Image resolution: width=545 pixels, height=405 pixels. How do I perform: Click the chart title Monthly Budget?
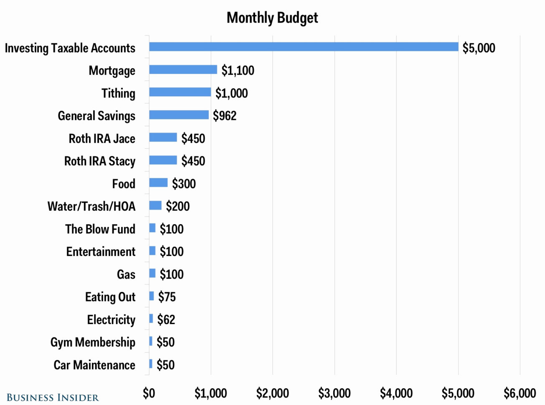click(272, 18)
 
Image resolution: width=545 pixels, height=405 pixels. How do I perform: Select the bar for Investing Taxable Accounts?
click(304, 47)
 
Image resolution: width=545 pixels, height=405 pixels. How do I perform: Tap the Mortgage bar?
click(183, 70)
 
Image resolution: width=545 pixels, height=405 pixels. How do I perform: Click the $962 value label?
click(225, 116)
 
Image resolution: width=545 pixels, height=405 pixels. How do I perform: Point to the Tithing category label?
click(118, 93)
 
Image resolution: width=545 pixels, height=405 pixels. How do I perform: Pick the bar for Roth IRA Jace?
click(163, 137)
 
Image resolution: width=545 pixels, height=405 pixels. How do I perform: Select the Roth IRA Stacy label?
click(100, 161)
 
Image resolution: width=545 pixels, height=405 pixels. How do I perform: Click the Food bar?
click(158, 183)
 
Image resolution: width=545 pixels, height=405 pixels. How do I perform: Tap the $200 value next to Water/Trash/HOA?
click(177, 206)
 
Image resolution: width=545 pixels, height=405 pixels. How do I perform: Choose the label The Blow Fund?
click(100, 229)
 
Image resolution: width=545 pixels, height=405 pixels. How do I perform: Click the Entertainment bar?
click(152, 251)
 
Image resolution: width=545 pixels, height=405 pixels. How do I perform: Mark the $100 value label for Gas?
click(172, 274)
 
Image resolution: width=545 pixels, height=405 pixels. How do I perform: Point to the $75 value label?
click(167, 297)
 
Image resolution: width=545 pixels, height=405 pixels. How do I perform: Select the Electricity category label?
click(111, 320)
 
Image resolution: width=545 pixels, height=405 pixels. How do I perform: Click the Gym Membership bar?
click(151, 342)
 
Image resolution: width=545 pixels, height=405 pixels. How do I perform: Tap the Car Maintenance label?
click(94, 365)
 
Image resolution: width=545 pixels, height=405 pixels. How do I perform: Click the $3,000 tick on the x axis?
click(334, 393)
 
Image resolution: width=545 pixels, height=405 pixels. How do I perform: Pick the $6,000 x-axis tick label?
click(520, 393)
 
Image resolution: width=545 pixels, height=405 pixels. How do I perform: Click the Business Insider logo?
click(53, 397)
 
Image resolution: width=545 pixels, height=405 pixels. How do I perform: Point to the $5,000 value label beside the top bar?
click(479, 48)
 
